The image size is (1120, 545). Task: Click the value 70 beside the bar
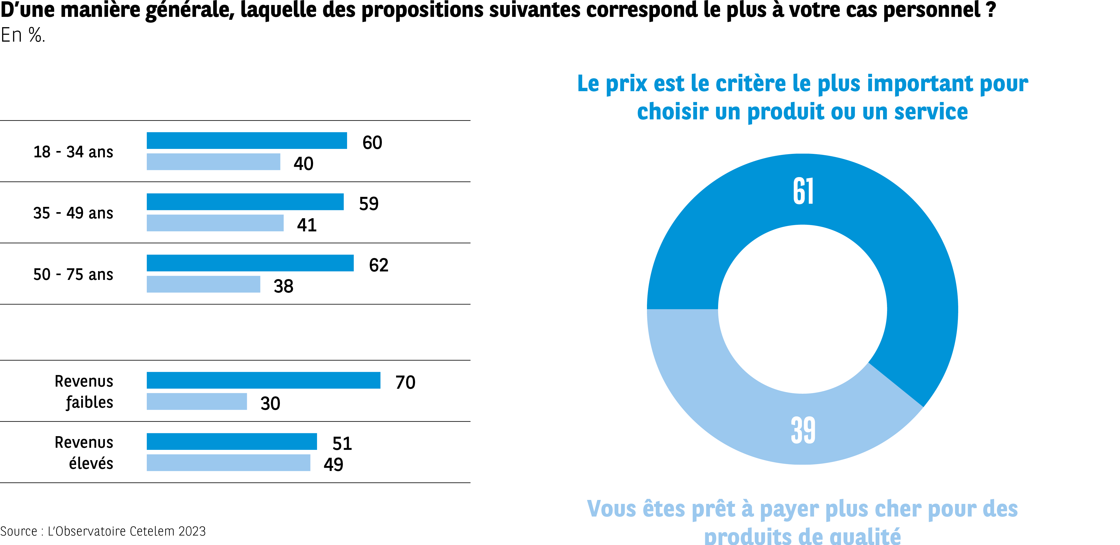click(405, 382)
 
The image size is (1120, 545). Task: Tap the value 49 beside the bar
click(333, 465)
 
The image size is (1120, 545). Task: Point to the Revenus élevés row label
click(84, 453)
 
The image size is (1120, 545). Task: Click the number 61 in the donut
click(803, 191)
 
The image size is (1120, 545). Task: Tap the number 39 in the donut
click(803, 431)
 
